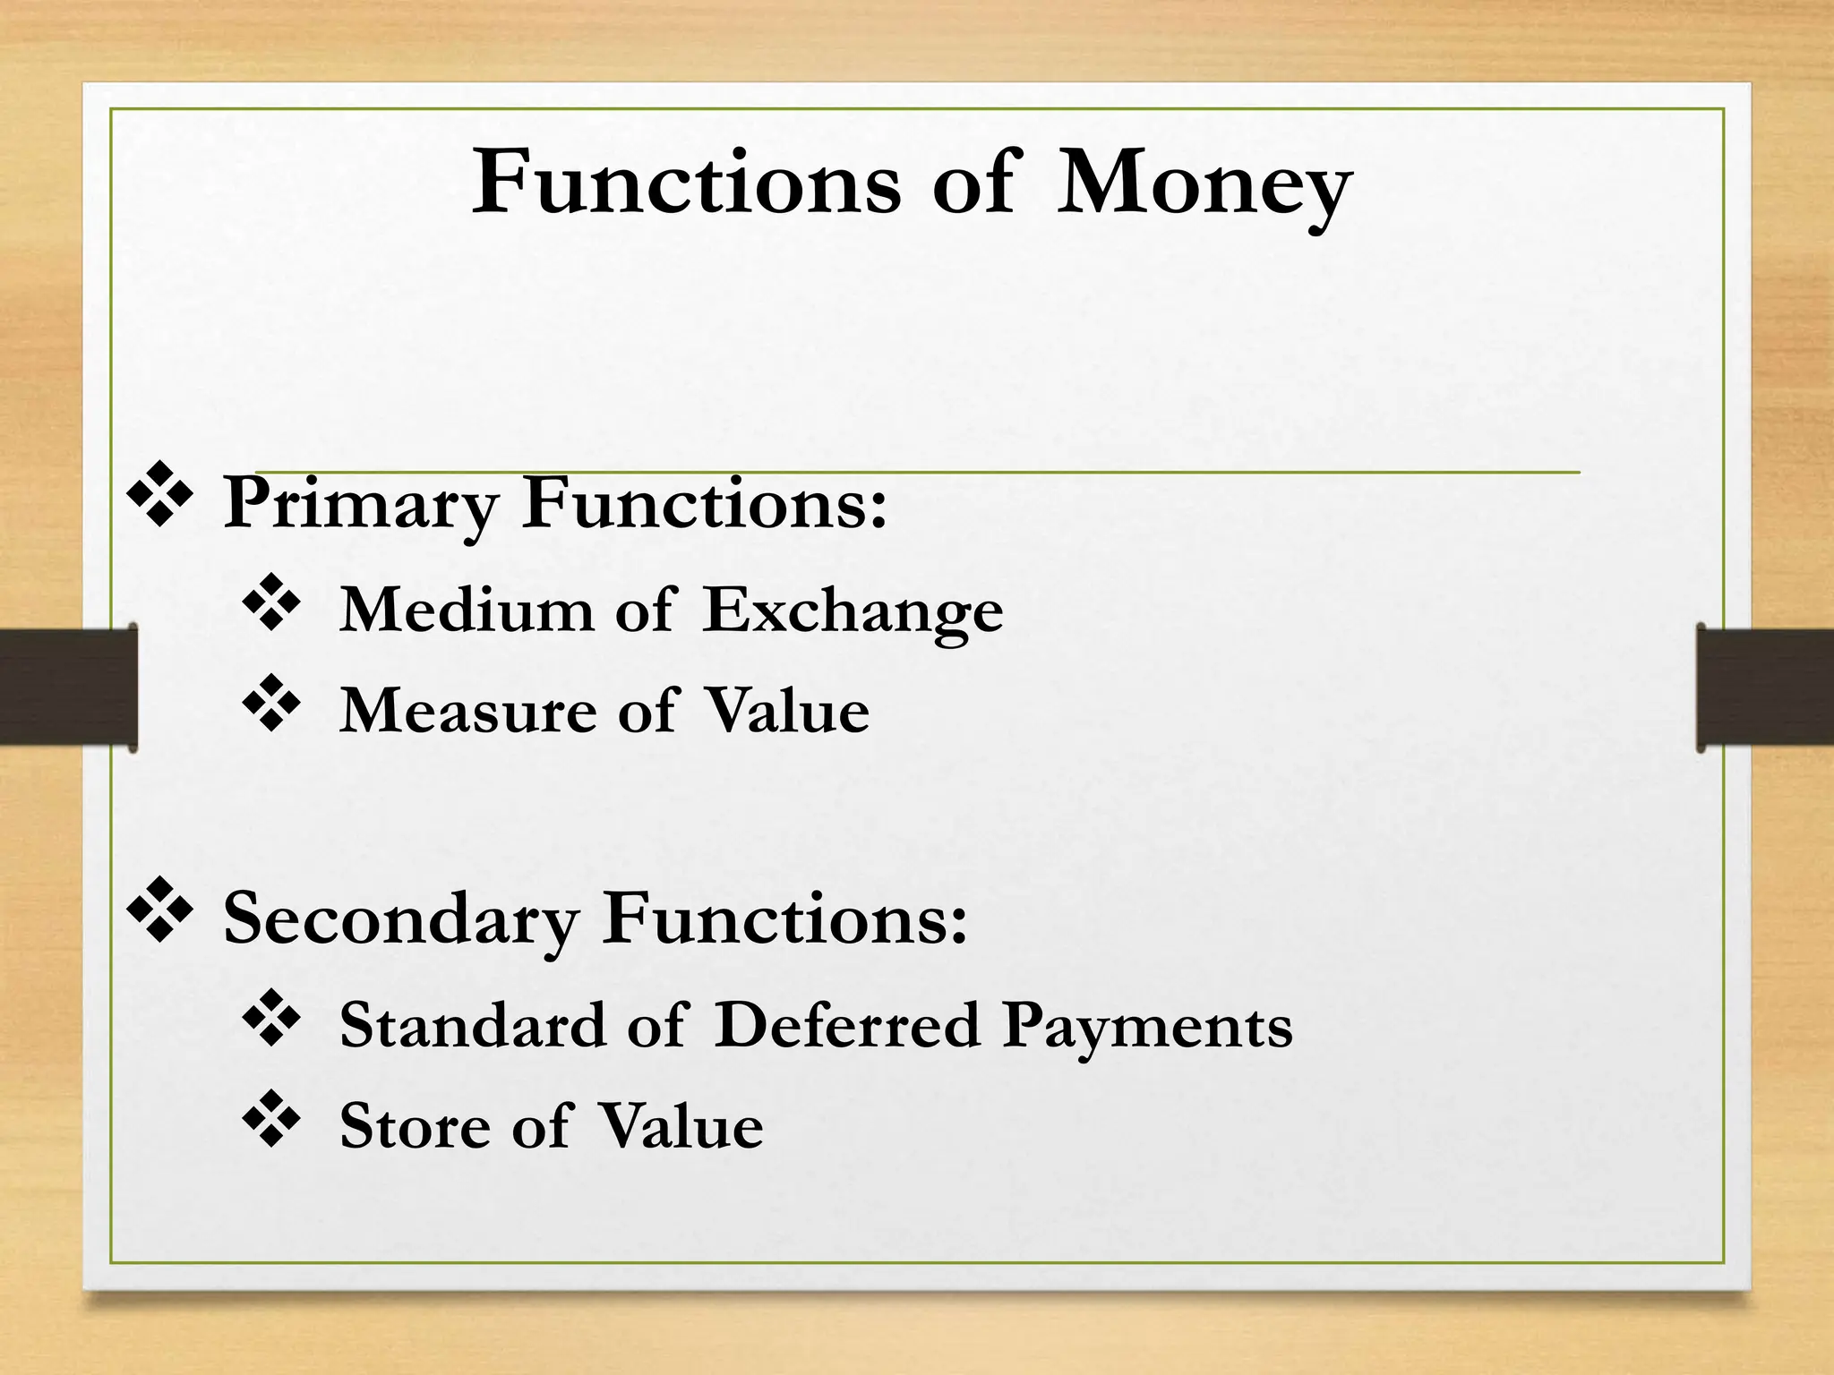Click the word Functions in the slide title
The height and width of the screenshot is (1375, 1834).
(x=686, y=183)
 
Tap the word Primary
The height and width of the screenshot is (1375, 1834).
(x=359, y=504)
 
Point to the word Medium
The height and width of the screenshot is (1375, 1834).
(x=466, y=611)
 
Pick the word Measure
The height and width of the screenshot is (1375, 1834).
(x=467, y=712)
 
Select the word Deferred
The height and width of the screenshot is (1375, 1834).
(x=847, y=1025)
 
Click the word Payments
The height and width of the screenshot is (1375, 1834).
(x=1147, y=1027)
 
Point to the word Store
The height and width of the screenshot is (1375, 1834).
(x=415, y=1126)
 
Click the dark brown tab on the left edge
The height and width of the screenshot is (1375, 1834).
(x=68, y=687)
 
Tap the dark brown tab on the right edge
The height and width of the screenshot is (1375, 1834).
(x=1765, y=687)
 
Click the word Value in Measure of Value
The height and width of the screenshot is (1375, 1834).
(x=786, y=712)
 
